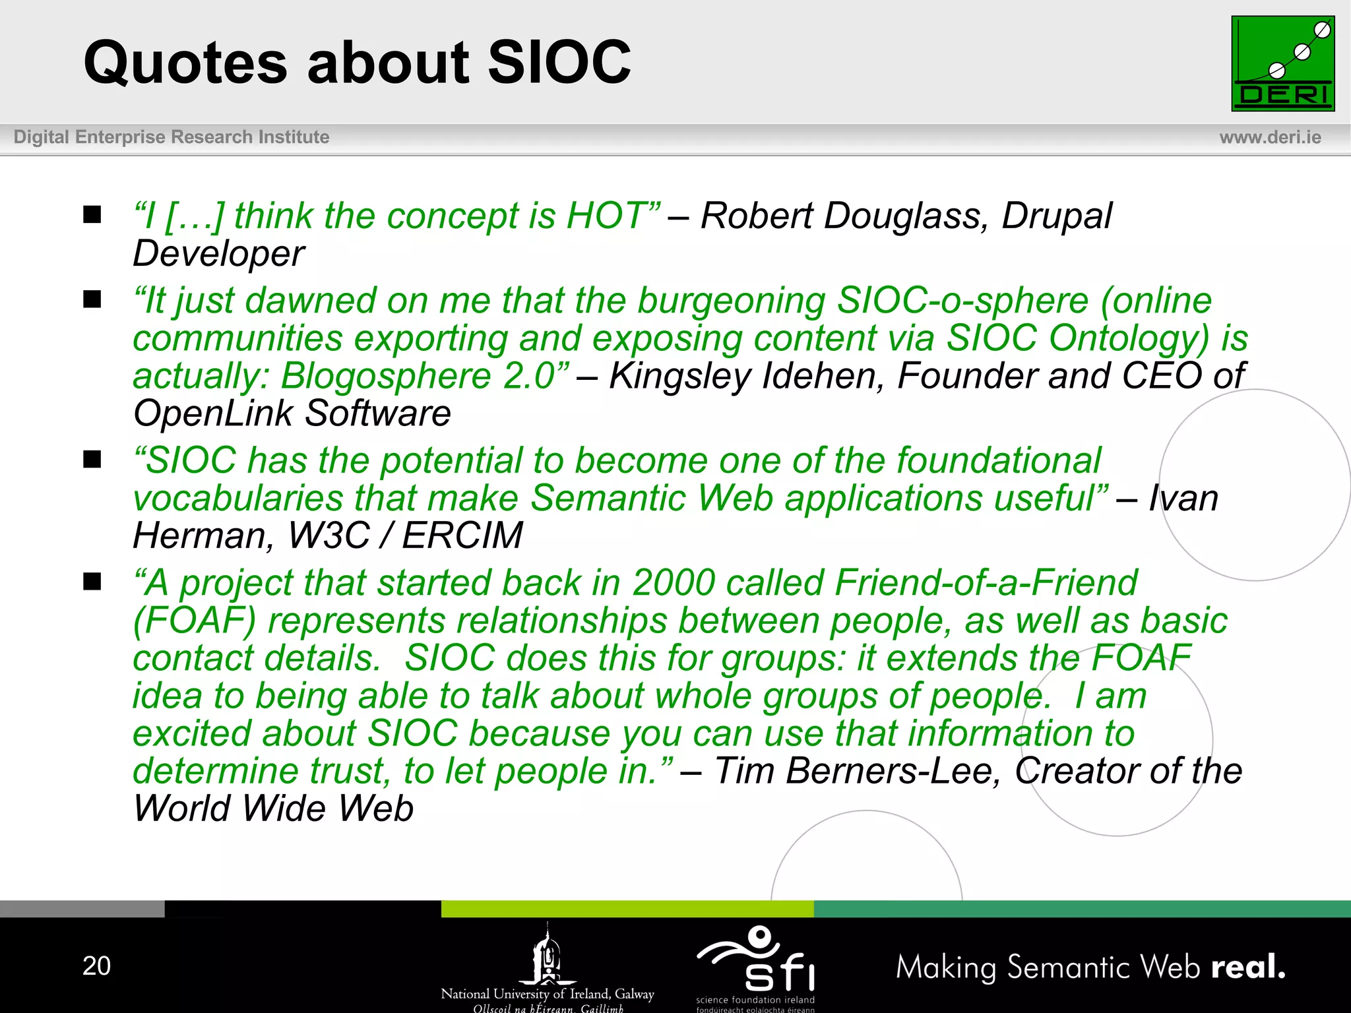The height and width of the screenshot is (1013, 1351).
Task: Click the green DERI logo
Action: tap(1282, 63)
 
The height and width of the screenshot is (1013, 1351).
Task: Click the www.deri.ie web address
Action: tap(1270, 137)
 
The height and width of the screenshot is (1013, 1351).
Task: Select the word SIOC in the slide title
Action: tap(559, 62)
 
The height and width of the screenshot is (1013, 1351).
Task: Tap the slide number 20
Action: tap(96, 966)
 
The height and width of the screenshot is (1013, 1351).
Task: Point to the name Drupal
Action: tap(1057, 216)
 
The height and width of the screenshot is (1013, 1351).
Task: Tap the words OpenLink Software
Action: tap(292, 414)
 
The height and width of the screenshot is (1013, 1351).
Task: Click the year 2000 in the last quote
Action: tap(674, 583)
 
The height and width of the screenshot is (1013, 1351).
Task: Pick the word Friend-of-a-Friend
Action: tap(986, 583)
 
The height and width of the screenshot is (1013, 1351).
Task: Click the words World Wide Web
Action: tap(273, 808)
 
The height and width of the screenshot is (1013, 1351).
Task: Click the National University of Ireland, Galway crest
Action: tap(547, 956)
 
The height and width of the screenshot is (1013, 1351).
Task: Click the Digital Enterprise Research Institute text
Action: tap(172, 137)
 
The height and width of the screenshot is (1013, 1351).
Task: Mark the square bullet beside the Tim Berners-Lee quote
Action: tap(92, 582)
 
